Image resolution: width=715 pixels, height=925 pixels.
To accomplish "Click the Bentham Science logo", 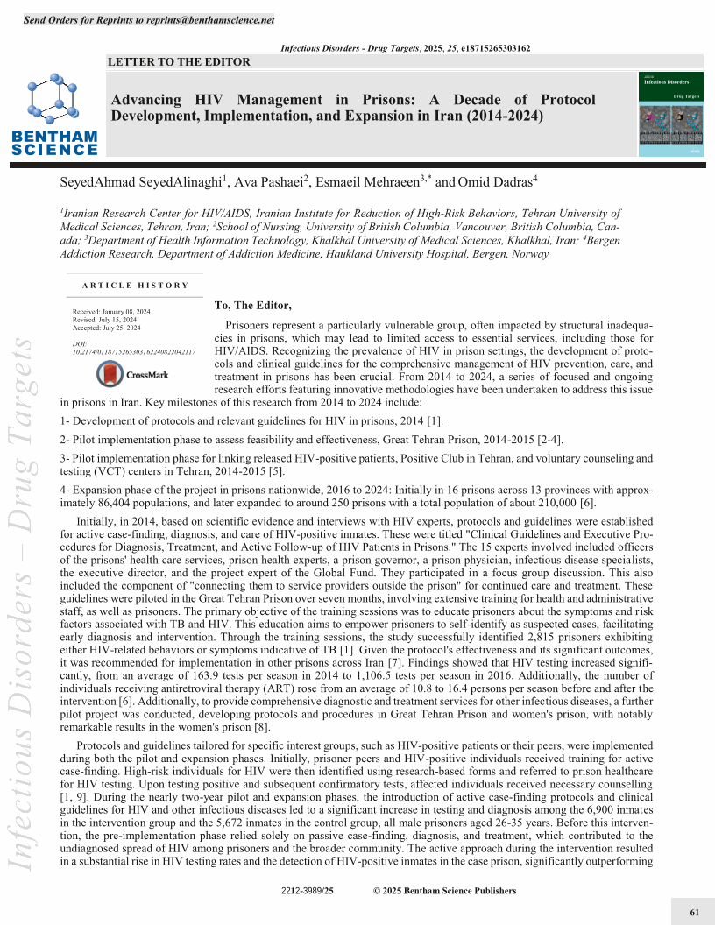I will point(55,115).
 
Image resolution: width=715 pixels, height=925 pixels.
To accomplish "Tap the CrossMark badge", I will point(132,374).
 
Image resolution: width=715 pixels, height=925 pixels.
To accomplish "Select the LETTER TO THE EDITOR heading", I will point(179,61).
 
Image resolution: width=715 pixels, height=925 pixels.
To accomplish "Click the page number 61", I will point(694,912).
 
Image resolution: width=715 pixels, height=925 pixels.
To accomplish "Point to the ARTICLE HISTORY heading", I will point(136,285).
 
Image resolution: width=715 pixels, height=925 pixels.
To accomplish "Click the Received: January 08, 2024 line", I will point(111,312).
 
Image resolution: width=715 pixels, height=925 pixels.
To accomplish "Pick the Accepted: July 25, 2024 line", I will point(106,328).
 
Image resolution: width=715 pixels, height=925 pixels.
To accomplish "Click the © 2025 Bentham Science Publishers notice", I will point(444,891).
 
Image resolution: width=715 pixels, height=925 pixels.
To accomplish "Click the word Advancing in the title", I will point(146,100).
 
